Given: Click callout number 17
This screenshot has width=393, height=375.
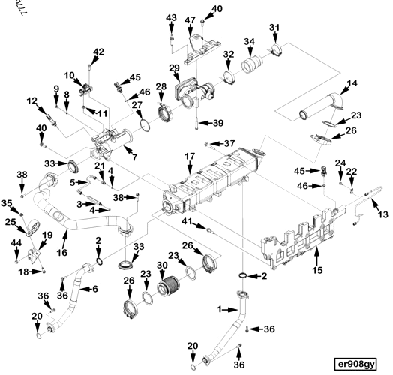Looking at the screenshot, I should pyautogui.click(x=190, y=157).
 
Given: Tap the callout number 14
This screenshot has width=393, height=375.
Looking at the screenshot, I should pyautogui.click(x=352, y=82).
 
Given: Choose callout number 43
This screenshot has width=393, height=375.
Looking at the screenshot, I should pyautogui.click(x=171, y=17).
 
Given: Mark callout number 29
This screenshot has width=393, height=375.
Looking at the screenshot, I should pyautogui.click(x=174, y=69).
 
